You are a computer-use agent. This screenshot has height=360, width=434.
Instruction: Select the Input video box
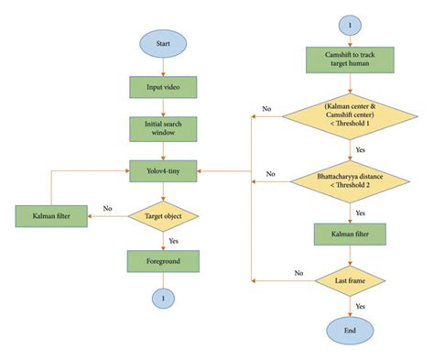click(x=164, y=87)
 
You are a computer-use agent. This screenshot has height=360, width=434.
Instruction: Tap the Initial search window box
click(x=164, y=128)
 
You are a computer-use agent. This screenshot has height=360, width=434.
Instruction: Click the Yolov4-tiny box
click(x=164, y=170)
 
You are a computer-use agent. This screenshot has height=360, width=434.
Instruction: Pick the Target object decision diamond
click(x=164, y=217)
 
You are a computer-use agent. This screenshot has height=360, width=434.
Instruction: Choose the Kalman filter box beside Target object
click(x=50, y=217)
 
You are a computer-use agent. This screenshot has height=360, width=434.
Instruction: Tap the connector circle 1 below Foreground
click(x=164, y=300)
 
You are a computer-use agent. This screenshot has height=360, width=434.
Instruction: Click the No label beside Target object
click(x=107, y=209)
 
